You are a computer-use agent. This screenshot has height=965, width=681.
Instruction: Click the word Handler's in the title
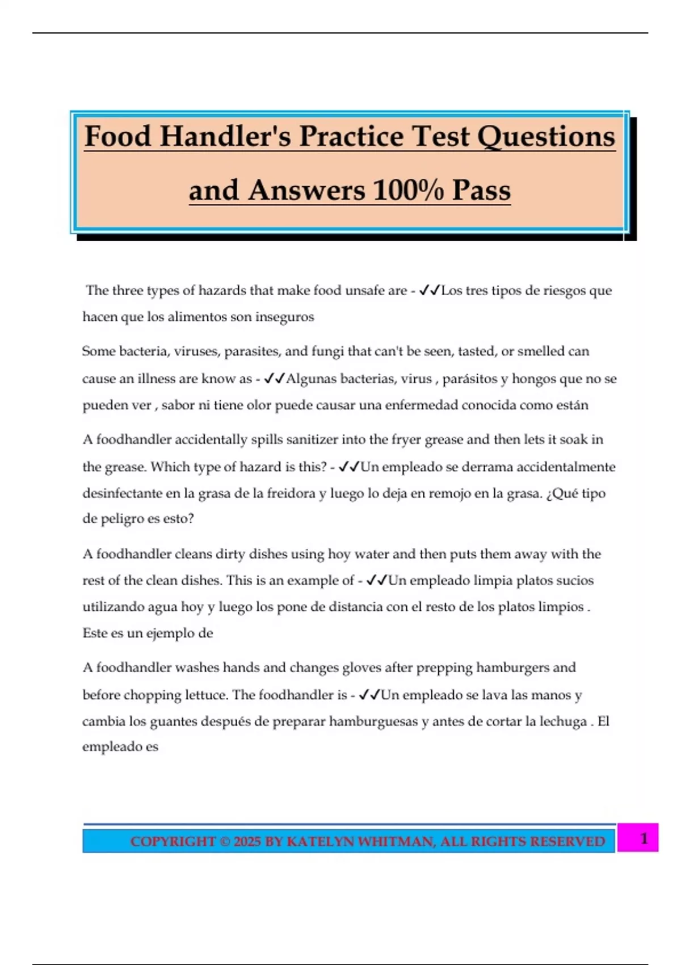click(x=225, y=137)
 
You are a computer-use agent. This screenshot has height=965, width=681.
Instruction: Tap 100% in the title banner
click(x=408, y=190)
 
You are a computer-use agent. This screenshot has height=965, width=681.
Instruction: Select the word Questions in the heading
click(x=546, y=137)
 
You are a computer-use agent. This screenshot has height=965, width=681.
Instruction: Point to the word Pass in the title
click(x=481, y=190)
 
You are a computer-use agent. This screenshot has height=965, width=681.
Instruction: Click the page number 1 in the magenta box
click(x=644, y=838)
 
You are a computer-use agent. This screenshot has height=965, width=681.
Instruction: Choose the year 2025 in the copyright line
click(x=246, y=841)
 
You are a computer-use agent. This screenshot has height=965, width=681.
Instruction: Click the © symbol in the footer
click(x=225, y=841)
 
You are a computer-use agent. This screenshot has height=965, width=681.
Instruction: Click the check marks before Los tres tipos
click(x=429, y=291)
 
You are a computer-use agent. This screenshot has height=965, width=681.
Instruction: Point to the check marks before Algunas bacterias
click(x=274, y=379)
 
